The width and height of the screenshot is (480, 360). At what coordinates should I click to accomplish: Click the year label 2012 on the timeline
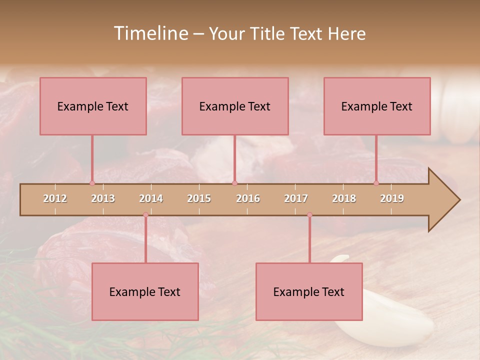click(x=55, y=198)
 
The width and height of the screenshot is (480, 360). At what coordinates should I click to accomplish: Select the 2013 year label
click(x=103, y=198)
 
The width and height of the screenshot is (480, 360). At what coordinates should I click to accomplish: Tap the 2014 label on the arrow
click(x=151, y=198)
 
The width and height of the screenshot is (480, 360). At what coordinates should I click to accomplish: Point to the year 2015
click(x=199, y=198)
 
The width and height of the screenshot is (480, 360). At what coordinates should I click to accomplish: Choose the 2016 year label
click(x=248, y=198)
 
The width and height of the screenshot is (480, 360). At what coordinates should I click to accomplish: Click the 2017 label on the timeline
click(x=296, y=198)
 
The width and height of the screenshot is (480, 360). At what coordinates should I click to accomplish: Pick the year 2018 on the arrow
click(x=344, y=198)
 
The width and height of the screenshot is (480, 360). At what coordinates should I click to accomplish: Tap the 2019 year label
click(x=392, y=198)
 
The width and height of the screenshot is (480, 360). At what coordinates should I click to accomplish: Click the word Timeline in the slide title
click(x=150, y=33)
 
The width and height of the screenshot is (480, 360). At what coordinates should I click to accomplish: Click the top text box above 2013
click(x=93, y=106)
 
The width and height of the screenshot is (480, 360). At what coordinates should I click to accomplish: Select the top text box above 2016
click(x=235, y=106)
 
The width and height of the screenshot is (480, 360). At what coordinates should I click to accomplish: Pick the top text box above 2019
click(x=377, y=106)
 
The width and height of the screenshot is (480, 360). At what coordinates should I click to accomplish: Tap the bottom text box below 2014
click(x=145, y=291)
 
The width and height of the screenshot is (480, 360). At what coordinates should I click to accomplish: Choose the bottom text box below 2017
click(x=309, y=291)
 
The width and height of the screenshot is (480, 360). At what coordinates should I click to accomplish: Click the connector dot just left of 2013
click(x=92, y=183)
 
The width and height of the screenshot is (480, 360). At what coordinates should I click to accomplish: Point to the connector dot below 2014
click(x=145, y=215)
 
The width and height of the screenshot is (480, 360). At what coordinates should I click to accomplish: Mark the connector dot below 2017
click(x=309, y=215)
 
